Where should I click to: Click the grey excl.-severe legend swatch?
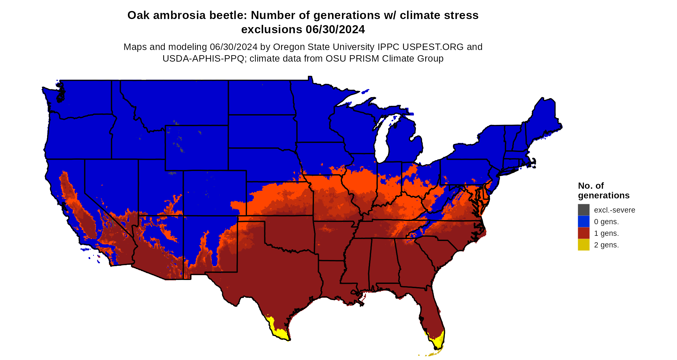pos(584,210)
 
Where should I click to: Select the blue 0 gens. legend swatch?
pos(584,222)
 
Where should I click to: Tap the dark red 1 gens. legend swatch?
pos(584,233)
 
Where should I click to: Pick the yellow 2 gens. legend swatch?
pos(584,245)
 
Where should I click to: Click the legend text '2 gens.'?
pos(606,245)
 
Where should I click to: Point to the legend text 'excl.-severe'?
pos(614,210)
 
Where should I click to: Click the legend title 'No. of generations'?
pos(603,191)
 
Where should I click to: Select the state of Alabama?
pos(384,261)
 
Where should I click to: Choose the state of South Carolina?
pos(438,252)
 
